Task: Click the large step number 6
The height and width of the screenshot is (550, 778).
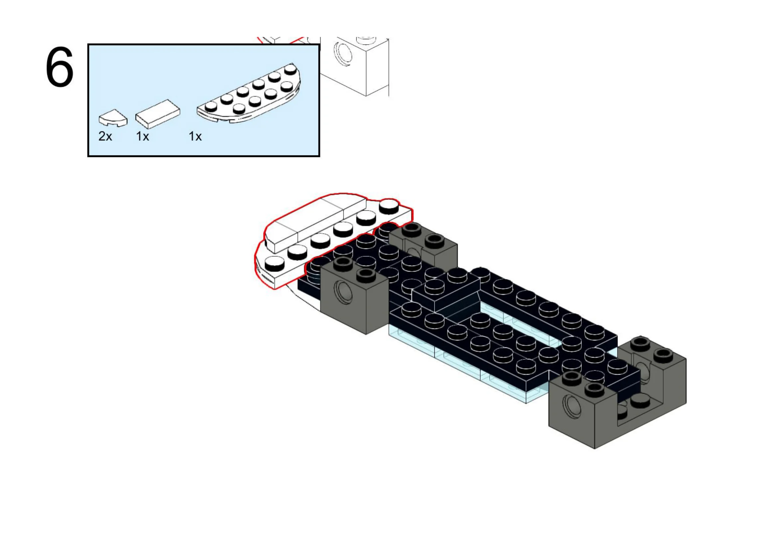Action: pyautogui.click(x=60, y=67)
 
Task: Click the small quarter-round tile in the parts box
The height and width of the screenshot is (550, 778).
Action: pyautogui.click(x=113, y=117)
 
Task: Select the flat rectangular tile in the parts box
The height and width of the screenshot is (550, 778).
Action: pyautogui.click(x=158, y=114)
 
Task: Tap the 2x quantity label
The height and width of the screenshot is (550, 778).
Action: pyautogui.click(x=105, y=136)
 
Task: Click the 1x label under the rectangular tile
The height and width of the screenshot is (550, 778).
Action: pyautogui.click(x=142, y=136)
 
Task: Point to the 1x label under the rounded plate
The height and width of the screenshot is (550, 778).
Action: pyautogui.click(x=195, y=136)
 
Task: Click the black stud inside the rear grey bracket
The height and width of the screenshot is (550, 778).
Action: pyautogui.click(x=640, y=402)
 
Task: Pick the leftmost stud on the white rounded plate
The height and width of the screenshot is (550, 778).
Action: pyautogui.click(x=274, y=263)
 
